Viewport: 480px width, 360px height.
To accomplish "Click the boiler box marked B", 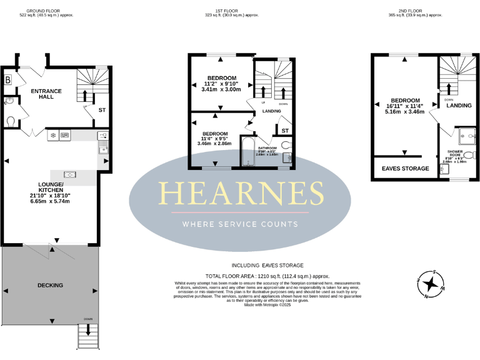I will coord(8,80).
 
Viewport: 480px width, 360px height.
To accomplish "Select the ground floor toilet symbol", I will coord(11,121).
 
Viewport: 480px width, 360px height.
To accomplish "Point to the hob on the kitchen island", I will coord(69,174).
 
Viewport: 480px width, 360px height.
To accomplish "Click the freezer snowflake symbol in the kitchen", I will coord(53,135).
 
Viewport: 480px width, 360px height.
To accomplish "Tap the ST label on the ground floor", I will coord(101,110).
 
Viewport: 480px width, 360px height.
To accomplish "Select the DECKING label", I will coord(50,286).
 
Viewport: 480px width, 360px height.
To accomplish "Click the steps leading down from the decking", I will coord(87,337).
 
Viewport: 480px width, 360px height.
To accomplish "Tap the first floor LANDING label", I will coord(271,111).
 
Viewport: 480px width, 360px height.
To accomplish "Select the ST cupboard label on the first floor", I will coord(284,131).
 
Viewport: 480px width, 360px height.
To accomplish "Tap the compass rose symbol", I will coord(430,285).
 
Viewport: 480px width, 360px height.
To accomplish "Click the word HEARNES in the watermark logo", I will coord(239,193).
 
